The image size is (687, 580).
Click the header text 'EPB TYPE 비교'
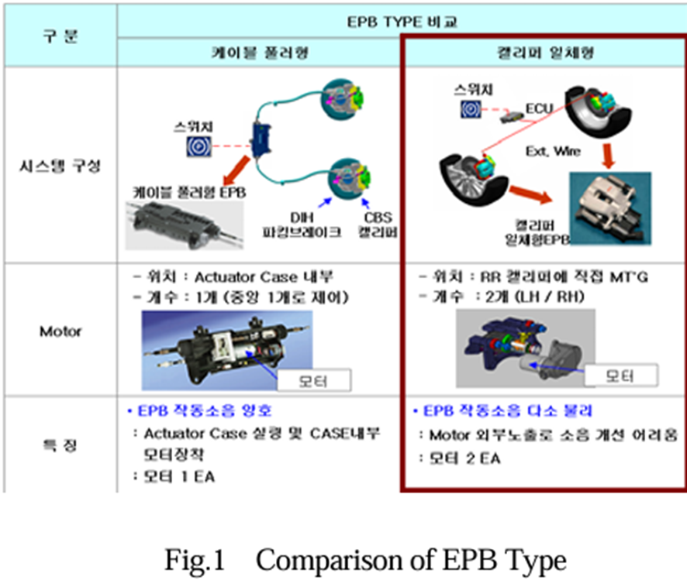pyautogui.click(x=402, y=22)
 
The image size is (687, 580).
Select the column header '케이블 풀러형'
pyautogui.click(x=259, y=53)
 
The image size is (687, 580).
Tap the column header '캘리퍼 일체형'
pyautogui.click(x=544, y=53)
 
